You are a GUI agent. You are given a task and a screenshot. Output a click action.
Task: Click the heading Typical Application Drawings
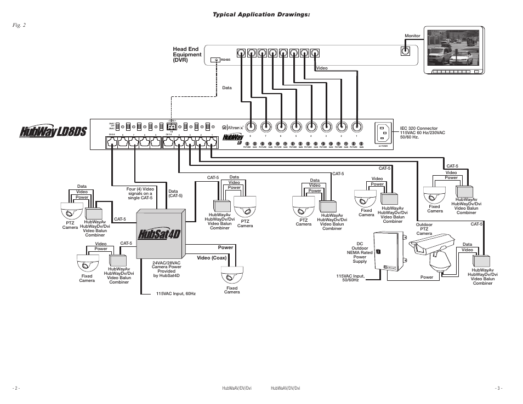tap(258, 14)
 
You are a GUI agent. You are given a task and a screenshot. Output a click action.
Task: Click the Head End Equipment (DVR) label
tap(187, 55)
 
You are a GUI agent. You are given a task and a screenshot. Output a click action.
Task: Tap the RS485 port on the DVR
tap(216, 60)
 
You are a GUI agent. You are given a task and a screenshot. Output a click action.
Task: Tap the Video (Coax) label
tap(212, 258)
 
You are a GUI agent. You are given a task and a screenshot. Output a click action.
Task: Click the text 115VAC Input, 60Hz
tap(175, 294)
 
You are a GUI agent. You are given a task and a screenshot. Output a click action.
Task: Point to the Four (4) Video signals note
tap(140, 193)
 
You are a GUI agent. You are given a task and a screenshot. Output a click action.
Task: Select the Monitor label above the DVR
tap(412, 36)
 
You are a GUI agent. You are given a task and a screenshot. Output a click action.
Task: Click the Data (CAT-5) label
tap(175, 193)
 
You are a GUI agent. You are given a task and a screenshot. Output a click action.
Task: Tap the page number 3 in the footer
tap(498, 388)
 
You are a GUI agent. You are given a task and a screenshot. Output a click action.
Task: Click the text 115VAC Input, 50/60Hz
tap(351, 278)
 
